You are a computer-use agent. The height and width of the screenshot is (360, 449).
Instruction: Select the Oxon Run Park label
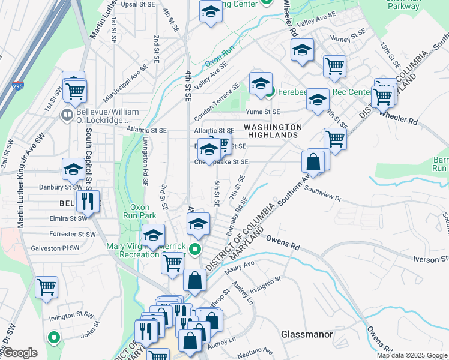[x=139, y=211]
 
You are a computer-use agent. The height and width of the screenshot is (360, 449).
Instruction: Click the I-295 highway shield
[x=19, y=86]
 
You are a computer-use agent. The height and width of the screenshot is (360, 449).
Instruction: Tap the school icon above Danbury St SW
[x=73, y=170]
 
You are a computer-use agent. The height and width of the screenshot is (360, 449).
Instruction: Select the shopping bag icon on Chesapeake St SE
[x=313, y=161]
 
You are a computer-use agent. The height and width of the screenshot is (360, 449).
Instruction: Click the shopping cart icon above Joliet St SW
[x=46, y=287]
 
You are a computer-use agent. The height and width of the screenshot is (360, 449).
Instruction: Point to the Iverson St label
[x=430, y=259]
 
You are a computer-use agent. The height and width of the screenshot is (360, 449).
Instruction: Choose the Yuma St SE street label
[x=262, y=112]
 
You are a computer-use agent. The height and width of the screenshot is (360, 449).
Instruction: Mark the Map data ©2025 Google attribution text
[x=412, y=355]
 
